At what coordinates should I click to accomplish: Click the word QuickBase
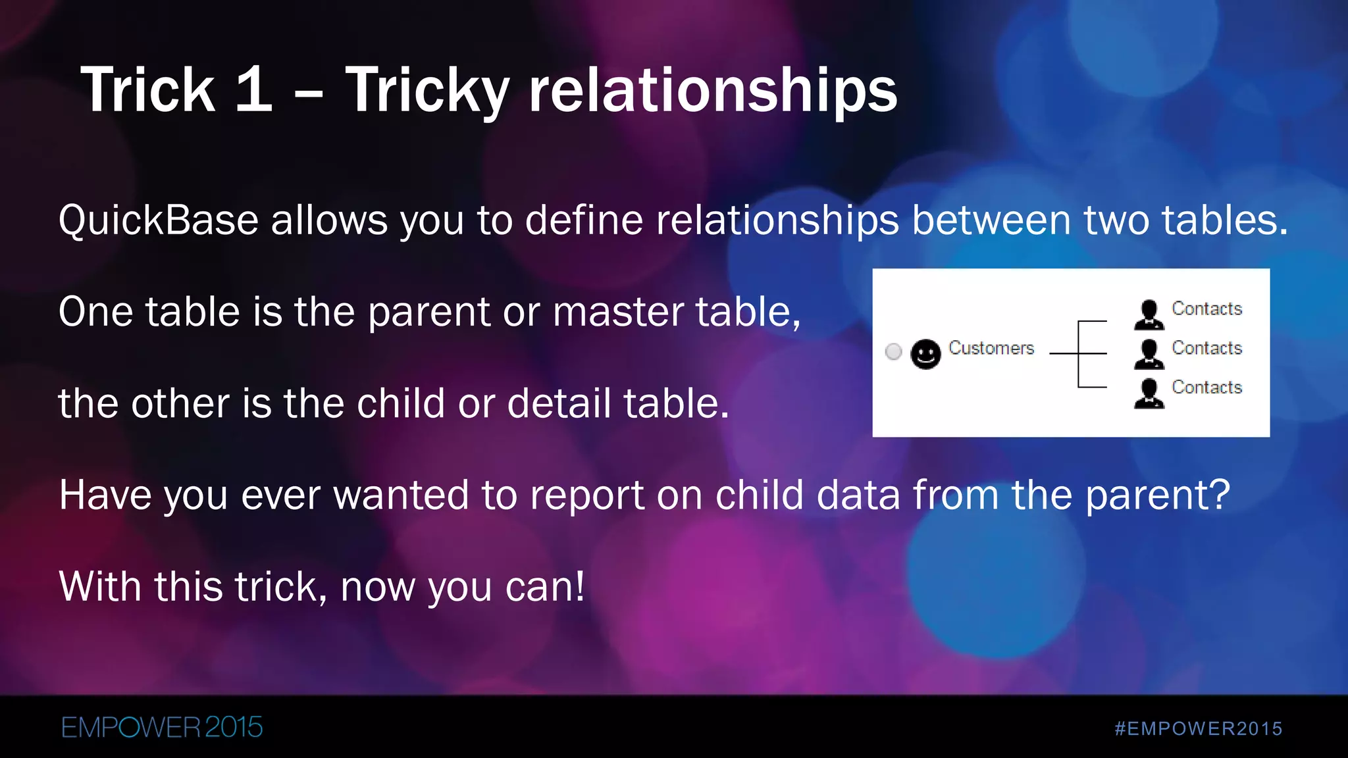click(158, 220)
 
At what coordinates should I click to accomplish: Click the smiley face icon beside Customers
click(925, 354)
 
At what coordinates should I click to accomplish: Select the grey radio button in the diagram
click(893, 351)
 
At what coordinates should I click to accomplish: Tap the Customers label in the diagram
click(991, 348)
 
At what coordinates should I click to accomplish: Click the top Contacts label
click(1206, 309)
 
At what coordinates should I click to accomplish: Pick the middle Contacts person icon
click(1149, 354)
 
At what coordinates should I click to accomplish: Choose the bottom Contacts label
click(1206, 387)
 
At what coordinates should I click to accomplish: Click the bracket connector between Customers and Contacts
click(1079, 354)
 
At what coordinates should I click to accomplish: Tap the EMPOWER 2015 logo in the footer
click(162, 728)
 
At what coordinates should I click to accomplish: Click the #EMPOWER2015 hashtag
click(1198, 728)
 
